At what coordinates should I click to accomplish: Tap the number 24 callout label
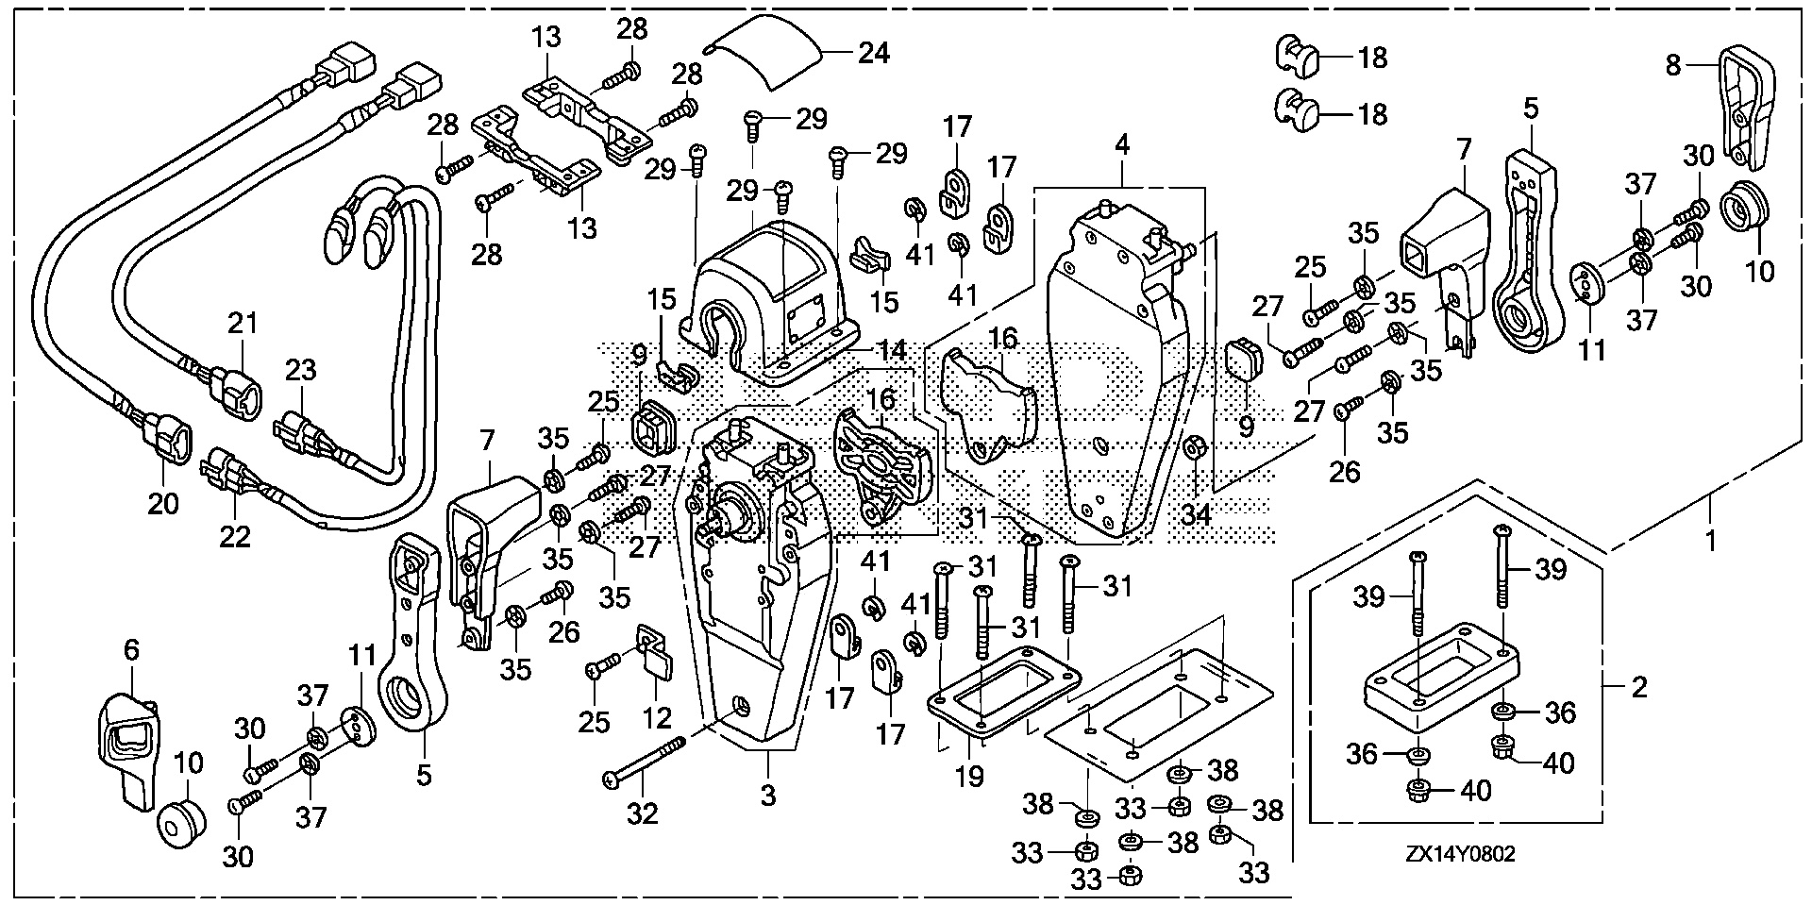coord(873,53)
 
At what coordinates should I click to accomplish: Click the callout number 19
coord(969,777)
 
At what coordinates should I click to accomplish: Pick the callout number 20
coord(163,503)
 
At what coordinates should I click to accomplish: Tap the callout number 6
coord(130,649)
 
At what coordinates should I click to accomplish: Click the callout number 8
coord(1672,66)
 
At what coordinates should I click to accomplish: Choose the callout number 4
coord(1121,146)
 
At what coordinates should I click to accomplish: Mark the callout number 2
coord(1639,687)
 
